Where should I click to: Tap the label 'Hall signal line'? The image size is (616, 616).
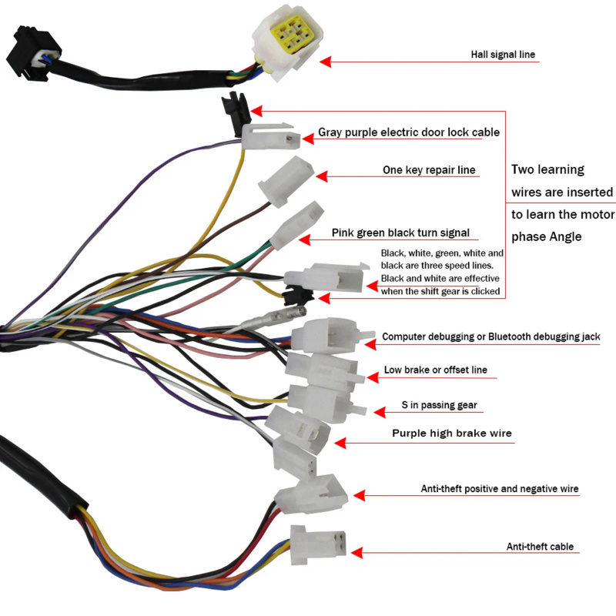pyautogui.click(x=502, y=55)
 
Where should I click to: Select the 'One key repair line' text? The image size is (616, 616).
pyautogui.click(x=429, y=170)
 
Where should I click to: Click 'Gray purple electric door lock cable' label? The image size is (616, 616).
pyautogui.click(x=409, y=132)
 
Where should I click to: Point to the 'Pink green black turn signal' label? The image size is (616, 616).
pyautogui.click(x=400, y=233)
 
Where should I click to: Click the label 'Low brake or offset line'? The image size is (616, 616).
pyautogui.click(x=435, y=370)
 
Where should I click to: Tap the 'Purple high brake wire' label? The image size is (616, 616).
pyautogui.click(x=452, y=434)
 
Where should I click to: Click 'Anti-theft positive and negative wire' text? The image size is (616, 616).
pyautogui.click(x=499, y=489)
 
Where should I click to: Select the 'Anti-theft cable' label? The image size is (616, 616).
pyautogui.click(x=540, y=547)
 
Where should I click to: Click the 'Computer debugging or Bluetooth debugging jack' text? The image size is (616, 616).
pyautogui.click(x=491, y=336)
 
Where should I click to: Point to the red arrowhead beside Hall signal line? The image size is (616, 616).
pyautogui.click(x=325, y=61)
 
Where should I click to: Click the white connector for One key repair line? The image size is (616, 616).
pyautogui.click(x=286, y=178)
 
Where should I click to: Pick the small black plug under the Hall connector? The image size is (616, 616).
pyautogui.click(x=233, y=109)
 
